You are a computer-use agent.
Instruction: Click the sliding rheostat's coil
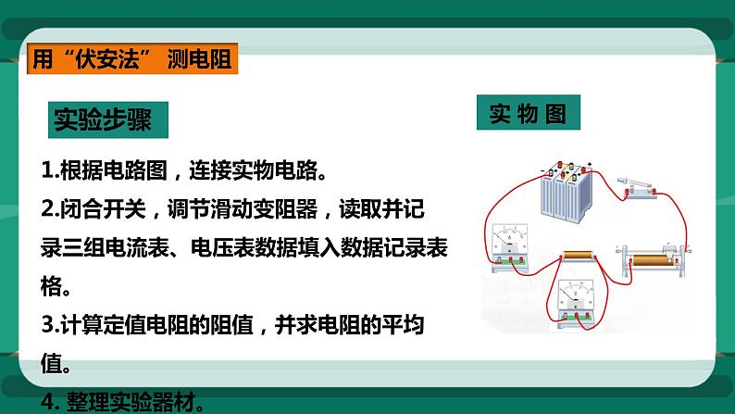[662, 255]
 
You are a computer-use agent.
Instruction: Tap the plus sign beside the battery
[590, 167]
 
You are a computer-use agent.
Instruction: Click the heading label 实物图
[528, 114]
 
